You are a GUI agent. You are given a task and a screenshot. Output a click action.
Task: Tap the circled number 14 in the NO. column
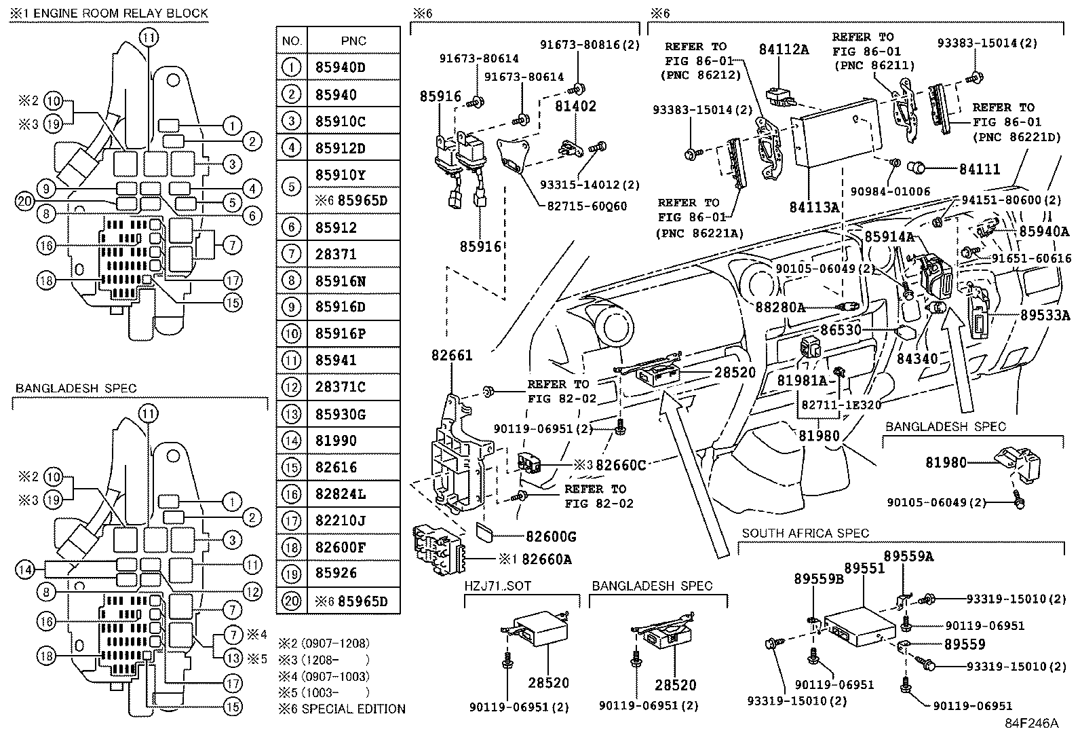[x=291, y=441]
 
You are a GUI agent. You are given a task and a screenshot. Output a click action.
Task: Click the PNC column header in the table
[x=353, y=41]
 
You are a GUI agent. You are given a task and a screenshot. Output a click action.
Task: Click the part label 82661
[x=450, y=356]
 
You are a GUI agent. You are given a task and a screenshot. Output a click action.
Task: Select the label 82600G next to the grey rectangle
[x=549, y=537]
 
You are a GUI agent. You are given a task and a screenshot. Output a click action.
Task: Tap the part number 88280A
[x=779, y=307]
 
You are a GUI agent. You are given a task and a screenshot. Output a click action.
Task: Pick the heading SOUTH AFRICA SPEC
[x=805, y=534]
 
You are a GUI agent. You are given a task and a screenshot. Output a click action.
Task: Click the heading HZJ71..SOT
[x=498, y=586]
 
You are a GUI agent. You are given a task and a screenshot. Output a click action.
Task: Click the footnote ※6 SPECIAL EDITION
[x=343, y=709]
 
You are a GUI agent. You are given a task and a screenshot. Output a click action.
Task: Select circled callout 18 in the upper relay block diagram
[x=46, y=280]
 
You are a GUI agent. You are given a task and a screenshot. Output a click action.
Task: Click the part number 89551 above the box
[x=864, y=568]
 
